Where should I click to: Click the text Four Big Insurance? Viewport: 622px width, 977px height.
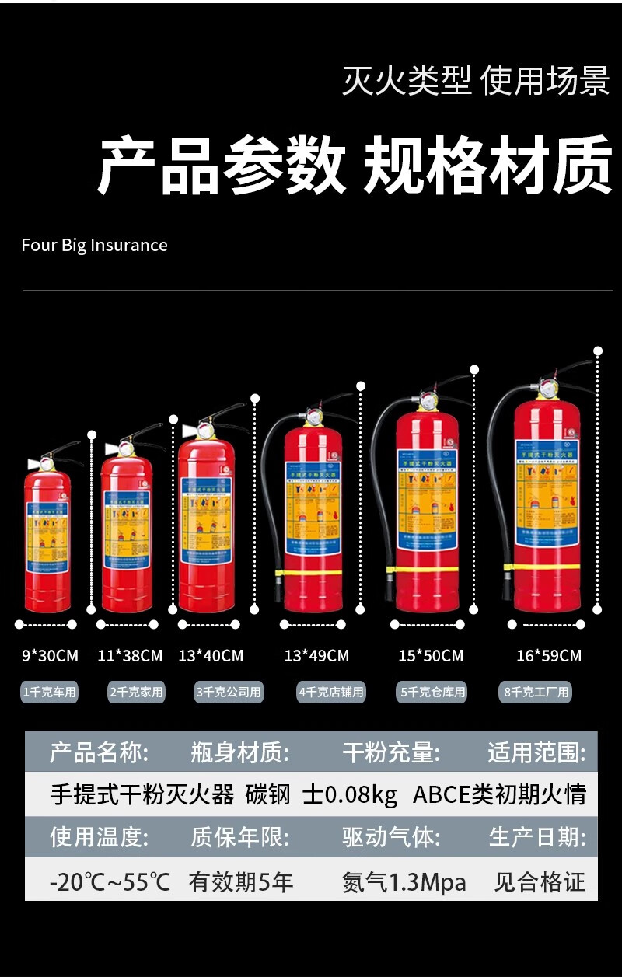pos(94,245)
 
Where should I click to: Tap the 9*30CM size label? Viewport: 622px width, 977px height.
pos(50,656)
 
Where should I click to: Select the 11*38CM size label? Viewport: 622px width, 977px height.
pos(130,656)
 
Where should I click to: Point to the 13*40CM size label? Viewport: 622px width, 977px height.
pos(211,656)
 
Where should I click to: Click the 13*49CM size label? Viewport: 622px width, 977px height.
pos(316,656)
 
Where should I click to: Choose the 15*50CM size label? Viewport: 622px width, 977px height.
pos(431,656)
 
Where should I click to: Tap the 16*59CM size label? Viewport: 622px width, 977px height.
pos(549,656)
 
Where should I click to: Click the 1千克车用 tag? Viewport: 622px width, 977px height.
pos(50,691)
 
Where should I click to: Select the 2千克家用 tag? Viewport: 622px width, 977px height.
pos(136,691)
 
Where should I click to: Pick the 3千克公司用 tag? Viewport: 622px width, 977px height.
pos(228,691)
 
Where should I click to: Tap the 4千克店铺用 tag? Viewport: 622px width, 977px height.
pos(331,691)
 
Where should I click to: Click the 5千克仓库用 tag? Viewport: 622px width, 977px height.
pos(433,691)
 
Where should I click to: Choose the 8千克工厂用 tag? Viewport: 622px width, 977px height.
pos(536,691)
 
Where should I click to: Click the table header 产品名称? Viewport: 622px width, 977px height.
pos(99,752)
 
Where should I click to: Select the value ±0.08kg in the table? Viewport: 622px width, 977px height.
pos(350,794)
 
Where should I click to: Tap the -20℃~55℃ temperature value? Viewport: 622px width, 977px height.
pos(110,882)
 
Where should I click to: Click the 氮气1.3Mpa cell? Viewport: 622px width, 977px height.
pos(404,882)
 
